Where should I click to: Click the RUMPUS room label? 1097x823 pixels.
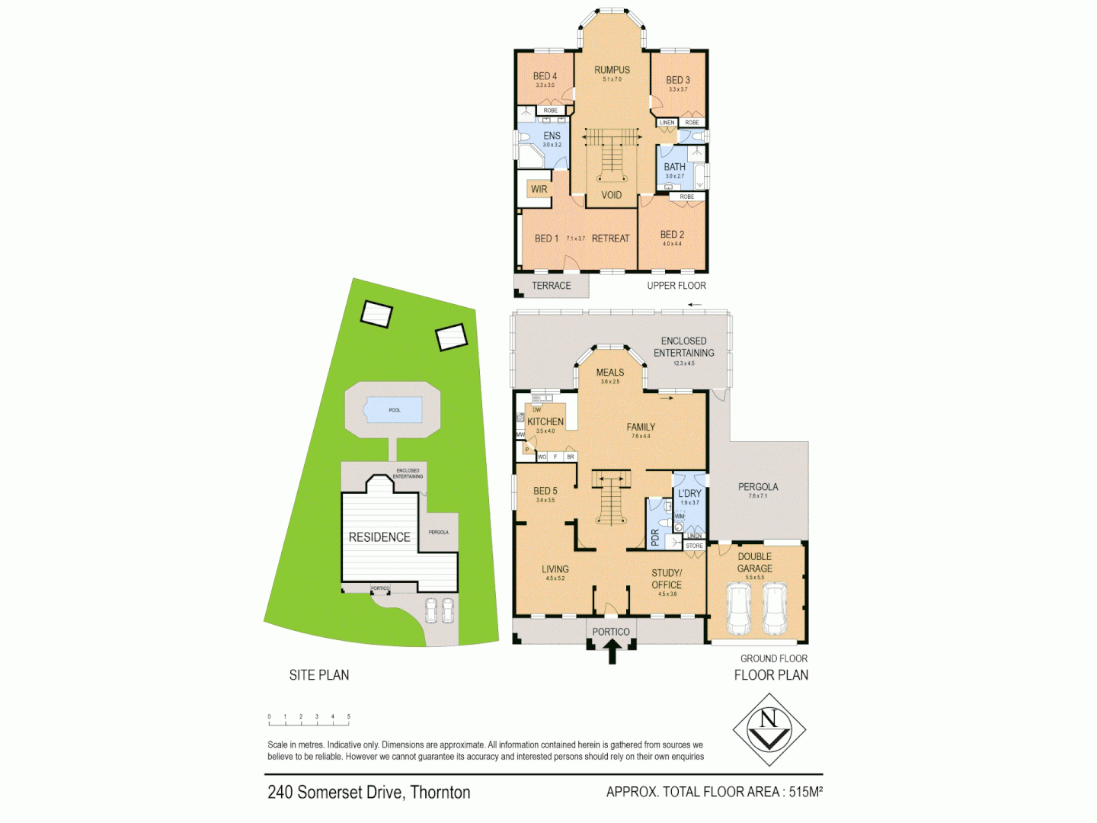point(612,70)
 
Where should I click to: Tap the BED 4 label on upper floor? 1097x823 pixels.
point(545,76)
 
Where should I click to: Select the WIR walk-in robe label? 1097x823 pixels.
point(539,189)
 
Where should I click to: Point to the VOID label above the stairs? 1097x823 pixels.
point(611,195)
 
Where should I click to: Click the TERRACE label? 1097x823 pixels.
point(551,286)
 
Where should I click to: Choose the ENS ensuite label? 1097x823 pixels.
point(552,136)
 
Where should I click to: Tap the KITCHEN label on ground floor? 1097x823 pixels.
point(545,421)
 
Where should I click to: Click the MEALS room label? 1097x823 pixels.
point(609,373)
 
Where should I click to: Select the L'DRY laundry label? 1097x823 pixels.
point(689,494)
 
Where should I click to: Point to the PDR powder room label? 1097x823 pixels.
point(654,538)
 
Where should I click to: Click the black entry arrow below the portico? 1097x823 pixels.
point(612,652)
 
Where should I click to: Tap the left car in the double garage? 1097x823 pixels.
point(738,609)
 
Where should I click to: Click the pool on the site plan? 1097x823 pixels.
point(394,410)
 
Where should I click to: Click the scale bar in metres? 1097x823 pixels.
point(309,717)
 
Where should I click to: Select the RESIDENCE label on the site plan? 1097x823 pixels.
point(379,537)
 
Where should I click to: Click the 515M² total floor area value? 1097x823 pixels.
point(805,792)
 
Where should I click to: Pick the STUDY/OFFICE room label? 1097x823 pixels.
point(667,579)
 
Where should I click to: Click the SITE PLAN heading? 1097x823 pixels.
point(319,675)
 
